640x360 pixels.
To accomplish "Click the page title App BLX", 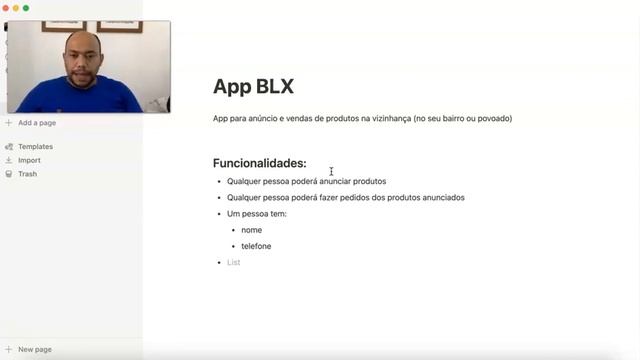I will [253, 86].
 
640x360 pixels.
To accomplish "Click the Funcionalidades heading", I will [259, 163].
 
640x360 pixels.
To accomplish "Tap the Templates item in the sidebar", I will [35, 146].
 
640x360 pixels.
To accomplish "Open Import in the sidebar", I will [29, 160].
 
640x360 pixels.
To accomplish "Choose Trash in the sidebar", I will [27, 174].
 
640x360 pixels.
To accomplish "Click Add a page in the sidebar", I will [36, 123].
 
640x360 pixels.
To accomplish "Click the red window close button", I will [5, 8].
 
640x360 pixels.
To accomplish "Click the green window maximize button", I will [26, 8].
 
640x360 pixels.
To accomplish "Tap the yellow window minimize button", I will [15, 8].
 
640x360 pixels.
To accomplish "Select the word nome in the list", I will [251, 230].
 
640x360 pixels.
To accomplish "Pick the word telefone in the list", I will [256, 246].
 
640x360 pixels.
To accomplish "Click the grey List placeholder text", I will [233, 262].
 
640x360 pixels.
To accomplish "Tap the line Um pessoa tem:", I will [257, 214].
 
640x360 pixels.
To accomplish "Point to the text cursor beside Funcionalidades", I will [331, 171].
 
